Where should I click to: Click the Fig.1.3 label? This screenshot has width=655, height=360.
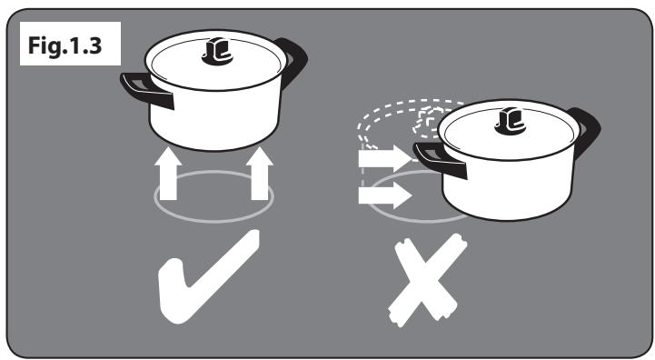click(x=65, y=45)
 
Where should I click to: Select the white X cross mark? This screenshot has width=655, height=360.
click(x=428, y=280)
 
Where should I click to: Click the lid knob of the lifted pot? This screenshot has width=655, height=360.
click(x=217, y=51)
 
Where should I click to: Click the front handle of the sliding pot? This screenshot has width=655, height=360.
click(x=440, y=160)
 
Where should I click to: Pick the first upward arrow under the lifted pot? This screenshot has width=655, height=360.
click(x=168, y=173)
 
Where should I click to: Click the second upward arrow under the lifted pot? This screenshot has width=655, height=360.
click(x=260, y=173)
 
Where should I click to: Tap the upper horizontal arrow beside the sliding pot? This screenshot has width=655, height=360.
click(x=385, y=158)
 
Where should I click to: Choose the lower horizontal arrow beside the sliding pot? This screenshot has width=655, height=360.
click(x=385, y=195)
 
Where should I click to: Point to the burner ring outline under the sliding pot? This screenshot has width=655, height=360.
click(x=401, y=217)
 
